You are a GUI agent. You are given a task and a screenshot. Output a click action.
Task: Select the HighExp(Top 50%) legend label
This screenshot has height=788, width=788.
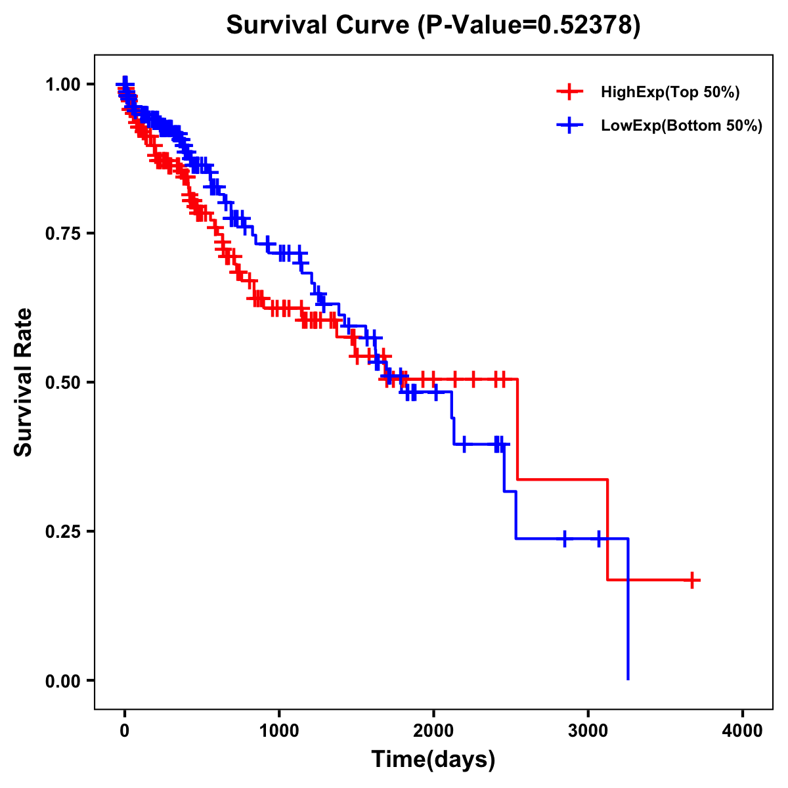point(670,93)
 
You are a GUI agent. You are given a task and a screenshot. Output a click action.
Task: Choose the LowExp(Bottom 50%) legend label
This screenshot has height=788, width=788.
point(681,125)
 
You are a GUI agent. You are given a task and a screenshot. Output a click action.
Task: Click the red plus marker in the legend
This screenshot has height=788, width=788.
point(569,93)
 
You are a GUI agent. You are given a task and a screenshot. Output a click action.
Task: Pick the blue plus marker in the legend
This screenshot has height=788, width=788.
point(569,125)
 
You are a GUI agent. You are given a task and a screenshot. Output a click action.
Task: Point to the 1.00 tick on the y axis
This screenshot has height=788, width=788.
point(62,84)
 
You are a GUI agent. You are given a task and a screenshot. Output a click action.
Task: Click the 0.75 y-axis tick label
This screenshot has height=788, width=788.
point(62,233)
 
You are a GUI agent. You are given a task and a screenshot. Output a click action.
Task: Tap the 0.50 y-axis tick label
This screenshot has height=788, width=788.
point(62,382)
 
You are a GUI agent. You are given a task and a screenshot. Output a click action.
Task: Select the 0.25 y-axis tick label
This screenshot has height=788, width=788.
point(62,531)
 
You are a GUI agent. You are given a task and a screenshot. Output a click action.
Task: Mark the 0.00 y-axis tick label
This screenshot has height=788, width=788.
point(62,680)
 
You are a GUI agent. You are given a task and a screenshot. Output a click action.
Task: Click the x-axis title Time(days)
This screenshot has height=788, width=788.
point(433,759)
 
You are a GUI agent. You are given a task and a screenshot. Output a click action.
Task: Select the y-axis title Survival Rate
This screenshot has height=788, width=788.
point(24,382)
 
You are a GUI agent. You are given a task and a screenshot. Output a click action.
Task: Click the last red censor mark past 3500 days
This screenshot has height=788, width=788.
point(692,580)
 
